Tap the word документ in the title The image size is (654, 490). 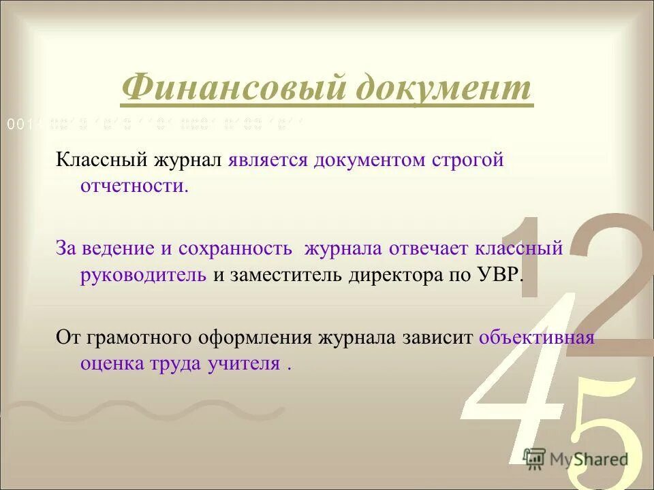point(439,88)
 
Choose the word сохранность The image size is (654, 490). point(236,248)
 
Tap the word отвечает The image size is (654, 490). point(436,248)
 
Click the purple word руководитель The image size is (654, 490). point(143,274)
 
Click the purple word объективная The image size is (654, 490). point(537,338)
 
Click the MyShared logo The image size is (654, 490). point(576,459)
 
